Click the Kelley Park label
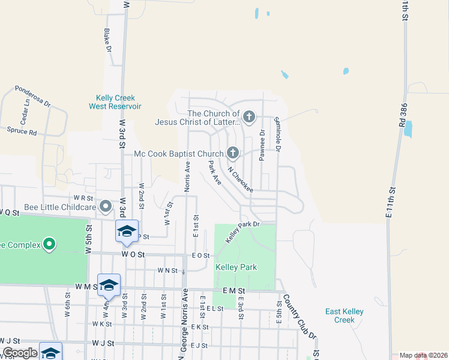(x=240, y=267)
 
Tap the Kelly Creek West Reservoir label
(x=115, y=102)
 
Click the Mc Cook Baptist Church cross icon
(x=233, y=153)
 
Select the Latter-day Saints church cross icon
(x=249, y=115)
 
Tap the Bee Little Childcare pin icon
(x=106, y=207)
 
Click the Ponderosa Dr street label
(x=33, y=95)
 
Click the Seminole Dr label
(x=279, y=133)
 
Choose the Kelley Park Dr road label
(x=242, y=231)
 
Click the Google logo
(x=20, y=353)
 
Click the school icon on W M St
(x=109, y=285)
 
